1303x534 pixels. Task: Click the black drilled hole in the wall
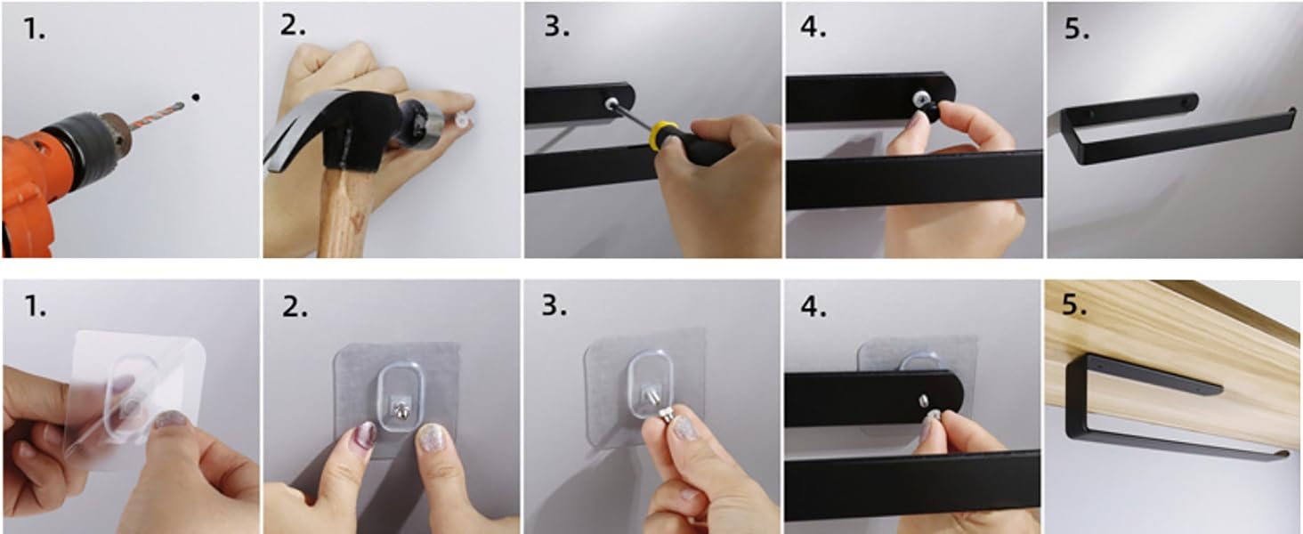pos(196,97)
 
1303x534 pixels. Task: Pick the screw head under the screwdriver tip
pos(611,104)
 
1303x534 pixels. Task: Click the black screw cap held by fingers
pos(926,108)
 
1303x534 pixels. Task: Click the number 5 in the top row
pos(1076,28)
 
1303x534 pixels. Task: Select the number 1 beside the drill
pos(34,28)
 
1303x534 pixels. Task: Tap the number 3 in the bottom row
pos(554,304)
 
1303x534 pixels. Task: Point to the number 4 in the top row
pos(813,27)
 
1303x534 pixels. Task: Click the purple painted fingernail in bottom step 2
pos(365,434)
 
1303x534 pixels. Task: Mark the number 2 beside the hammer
pos(293,26)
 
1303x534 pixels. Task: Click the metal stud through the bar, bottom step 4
pos(923,400)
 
